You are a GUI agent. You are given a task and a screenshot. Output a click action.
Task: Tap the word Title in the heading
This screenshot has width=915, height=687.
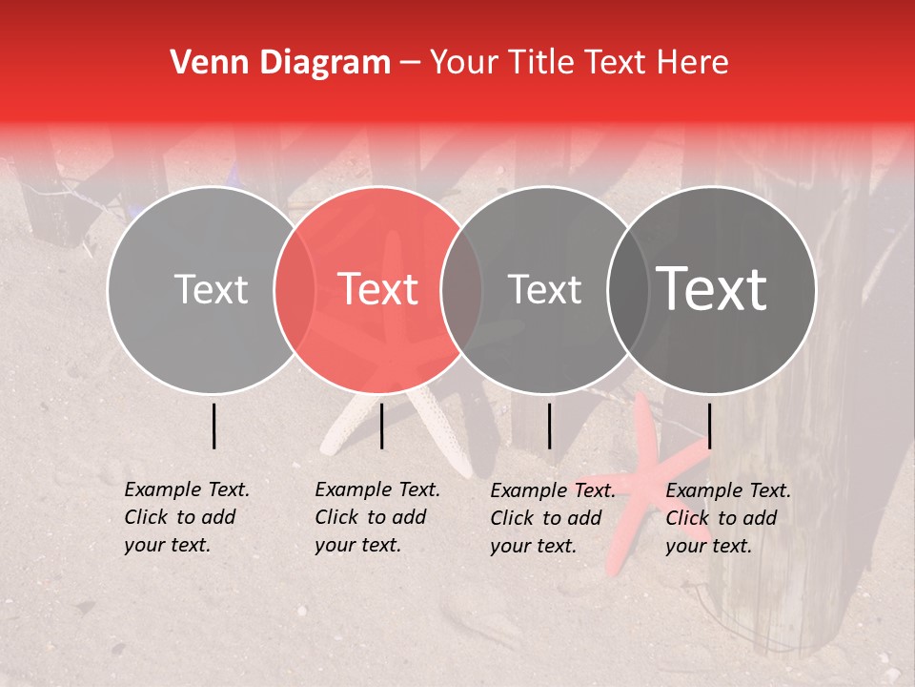540,63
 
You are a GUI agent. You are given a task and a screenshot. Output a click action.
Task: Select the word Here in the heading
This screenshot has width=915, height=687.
693,63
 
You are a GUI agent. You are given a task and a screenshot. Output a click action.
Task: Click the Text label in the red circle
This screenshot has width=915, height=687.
378,289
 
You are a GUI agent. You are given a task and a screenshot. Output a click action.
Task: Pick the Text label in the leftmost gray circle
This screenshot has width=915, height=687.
211,289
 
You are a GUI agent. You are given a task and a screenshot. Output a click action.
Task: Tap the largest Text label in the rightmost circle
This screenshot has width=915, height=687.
712,289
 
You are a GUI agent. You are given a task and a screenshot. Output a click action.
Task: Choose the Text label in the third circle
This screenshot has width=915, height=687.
545,289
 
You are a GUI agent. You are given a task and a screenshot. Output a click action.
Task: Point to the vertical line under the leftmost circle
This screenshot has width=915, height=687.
213,426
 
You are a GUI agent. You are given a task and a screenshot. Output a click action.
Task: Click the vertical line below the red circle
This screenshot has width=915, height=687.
381,426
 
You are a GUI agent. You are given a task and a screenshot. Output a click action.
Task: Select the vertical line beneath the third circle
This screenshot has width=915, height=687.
549,426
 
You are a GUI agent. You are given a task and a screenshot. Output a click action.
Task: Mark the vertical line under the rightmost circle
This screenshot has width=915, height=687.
709,426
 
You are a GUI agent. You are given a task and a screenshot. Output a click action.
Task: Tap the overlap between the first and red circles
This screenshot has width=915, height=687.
295,289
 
